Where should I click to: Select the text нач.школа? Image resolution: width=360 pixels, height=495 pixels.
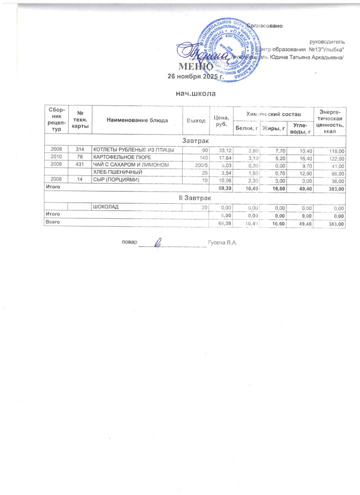(x=189, y=93)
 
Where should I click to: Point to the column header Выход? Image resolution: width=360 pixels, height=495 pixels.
(x=196, y=121)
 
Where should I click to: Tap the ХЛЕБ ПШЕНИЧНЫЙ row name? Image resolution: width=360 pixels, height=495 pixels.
(x=116, y=172)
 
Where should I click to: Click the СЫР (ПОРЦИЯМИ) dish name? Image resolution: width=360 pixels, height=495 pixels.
(x=115, y=179)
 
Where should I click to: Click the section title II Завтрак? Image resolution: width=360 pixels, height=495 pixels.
(x=195, y=199)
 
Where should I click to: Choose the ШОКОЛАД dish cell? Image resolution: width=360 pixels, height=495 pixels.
(x=105, y=207)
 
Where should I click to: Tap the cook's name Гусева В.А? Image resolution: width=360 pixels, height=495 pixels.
(x=222, y=243)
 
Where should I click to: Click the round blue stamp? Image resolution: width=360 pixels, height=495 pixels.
(x=225, y=50)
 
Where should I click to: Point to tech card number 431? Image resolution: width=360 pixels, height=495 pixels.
(x=79, y=164)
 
